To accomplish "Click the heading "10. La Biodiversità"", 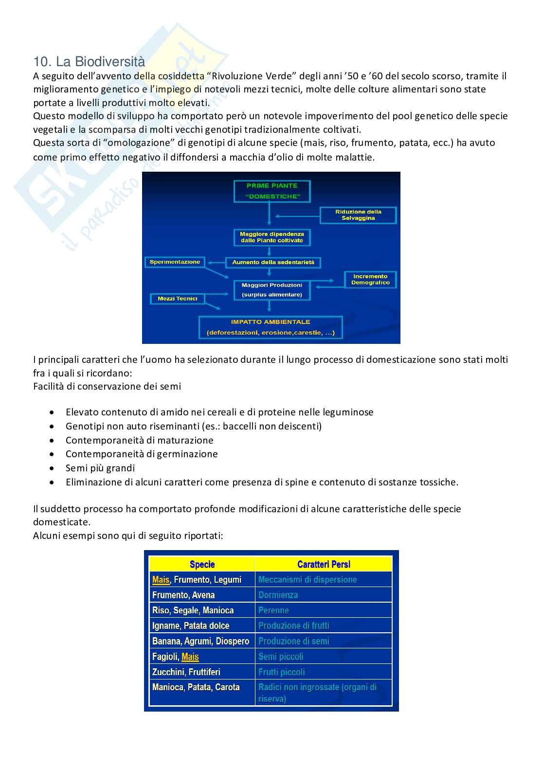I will [x=89, y=62].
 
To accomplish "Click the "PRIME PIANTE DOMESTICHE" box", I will [x=272, y=191].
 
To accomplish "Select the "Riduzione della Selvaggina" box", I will [x=358, y=215].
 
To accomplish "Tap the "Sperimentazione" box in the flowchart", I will [x=175, y=262].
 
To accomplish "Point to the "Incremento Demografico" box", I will [x=370, y=280].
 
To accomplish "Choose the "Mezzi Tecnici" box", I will [x=177, y=299].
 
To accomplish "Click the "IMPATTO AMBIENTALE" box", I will [x=271, y=327].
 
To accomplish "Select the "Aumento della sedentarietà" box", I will [x=273, y=263].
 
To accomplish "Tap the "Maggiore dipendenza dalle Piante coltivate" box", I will [x=272, y=237].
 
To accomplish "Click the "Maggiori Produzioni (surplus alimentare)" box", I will [x=272, y=290].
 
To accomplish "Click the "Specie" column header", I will [x=202, y=564].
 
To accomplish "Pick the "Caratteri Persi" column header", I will [x=324, y=564].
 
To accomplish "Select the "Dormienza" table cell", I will [x=278, y=595].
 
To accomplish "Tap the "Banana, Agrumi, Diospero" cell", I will [x=200, y=641].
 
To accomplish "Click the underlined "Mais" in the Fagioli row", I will [x=190, y=657].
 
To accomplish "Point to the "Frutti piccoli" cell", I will [x=281, y=672].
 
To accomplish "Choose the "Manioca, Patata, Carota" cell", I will [x=196, y=687].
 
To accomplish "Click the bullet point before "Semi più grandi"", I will [x=52, y=468].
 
